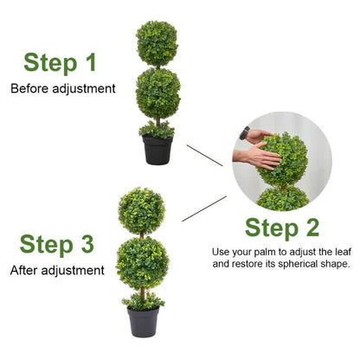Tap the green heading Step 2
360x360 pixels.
click(281, 228)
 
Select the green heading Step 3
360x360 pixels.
click(57, 244)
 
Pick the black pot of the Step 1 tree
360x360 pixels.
click(157, 151)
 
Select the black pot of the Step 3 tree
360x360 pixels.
click(143, 321)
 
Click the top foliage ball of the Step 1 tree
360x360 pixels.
click(157, 43)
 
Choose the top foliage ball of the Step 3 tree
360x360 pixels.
click(142, 210)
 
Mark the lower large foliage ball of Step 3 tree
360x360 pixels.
click(142, 263)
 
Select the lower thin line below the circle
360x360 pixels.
click(205, 208)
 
